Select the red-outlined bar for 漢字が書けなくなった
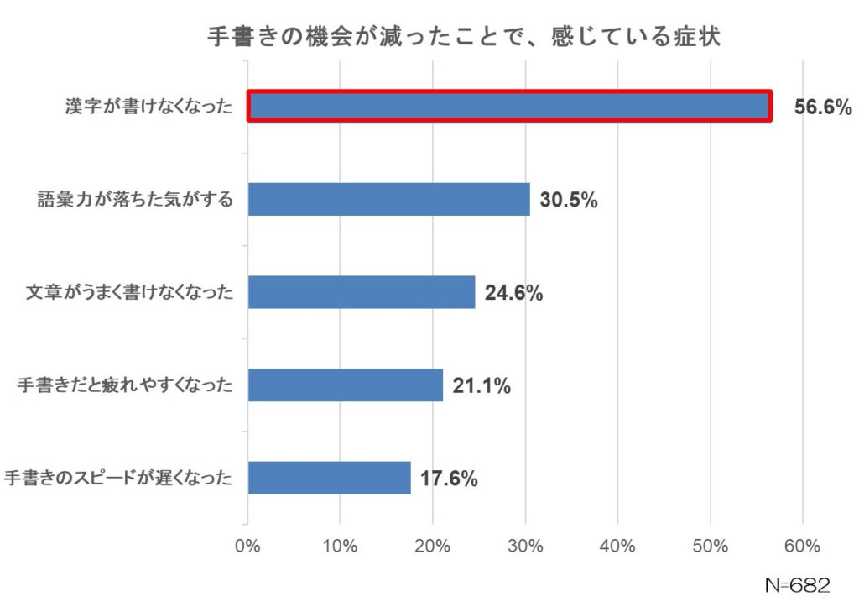pos(509,107)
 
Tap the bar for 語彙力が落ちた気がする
pos(388,200)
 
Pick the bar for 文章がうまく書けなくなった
pos(362,292)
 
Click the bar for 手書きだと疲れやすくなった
pos(345,385)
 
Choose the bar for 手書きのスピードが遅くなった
pos(329,478)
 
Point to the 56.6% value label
pos(823,107)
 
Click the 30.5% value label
pos(568,201)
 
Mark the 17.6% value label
pos(449,479)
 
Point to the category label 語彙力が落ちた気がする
pos(135,201)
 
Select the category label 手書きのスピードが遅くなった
pos(117,479)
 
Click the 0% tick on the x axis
pos(247,547)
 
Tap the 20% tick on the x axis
pos(432,547)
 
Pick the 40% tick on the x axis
pos(617,547)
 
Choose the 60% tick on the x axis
pos(802,547)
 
